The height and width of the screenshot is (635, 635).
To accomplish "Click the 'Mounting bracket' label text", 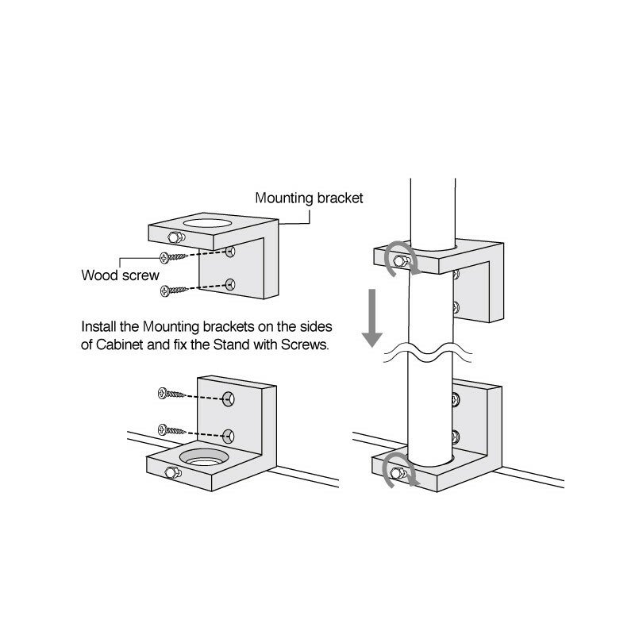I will (309, 198).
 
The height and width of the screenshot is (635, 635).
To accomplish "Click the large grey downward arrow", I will (371, 317).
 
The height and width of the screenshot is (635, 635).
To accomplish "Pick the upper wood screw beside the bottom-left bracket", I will (171, 394).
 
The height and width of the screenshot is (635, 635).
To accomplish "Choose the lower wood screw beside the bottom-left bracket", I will (171, 429).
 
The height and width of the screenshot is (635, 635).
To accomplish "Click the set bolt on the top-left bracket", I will (174, 236).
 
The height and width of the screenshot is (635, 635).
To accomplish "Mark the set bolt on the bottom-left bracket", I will (170, 473).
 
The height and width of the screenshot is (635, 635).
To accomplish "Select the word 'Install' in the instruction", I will (98, 327).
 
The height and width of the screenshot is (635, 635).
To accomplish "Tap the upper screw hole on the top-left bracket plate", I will (230, 252).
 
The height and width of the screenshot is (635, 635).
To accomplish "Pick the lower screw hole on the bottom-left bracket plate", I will (230, 433).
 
